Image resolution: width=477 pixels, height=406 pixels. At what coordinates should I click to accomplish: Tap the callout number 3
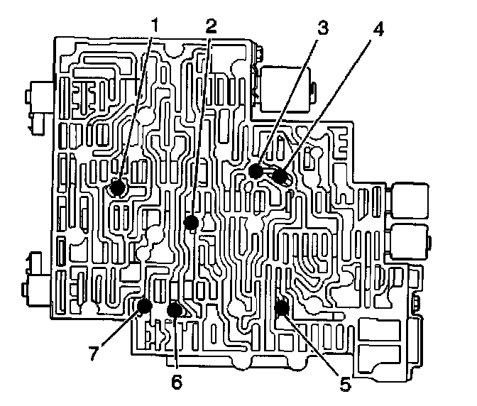click(322, 28)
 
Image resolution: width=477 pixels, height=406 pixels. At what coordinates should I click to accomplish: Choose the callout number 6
click(176, 380)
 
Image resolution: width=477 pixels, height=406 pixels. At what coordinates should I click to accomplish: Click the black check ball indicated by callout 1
click(117, 188)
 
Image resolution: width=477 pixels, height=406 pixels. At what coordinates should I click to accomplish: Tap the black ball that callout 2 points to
click(190, 222)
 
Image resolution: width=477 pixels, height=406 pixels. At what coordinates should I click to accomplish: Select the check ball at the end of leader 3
click(256, 170)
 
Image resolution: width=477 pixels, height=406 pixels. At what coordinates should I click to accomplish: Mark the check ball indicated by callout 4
click(279, 175)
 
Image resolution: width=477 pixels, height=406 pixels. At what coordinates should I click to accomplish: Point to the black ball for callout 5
click(281, 307)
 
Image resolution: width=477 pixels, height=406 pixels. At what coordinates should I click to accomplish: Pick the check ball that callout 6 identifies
click(175, 309)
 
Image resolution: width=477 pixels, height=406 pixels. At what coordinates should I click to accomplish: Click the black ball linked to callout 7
click(144, 307)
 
